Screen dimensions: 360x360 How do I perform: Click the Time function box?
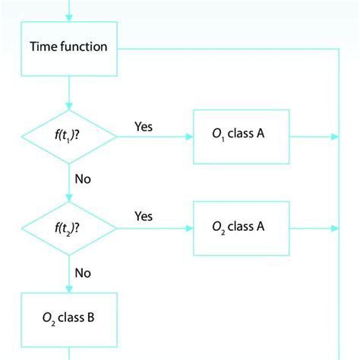(69, 47)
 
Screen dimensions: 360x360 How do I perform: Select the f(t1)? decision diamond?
(69, 137)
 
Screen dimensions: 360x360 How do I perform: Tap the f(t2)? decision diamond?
(69, 227)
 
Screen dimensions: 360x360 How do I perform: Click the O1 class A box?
(242, 137)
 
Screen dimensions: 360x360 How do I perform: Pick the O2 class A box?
(242, 227)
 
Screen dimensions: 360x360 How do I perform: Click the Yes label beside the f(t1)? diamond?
(143, 126)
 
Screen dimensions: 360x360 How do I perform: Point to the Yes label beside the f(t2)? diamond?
(143, 216)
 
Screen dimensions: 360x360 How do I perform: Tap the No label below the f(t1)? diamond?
(84, 179)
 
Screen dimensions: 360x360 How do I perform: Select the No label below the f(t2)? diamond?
(84, 270)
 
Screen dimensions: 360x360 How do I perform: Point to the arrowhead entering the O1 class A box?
(189, 137)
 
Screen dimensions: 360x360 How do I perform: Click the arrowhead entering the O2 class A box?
(189, 227)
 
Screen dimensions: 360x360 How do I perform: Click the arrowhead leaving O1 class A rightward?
(334, 137)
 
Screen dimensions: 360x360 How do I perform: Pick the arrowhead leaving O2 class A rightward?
(334, 227)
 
